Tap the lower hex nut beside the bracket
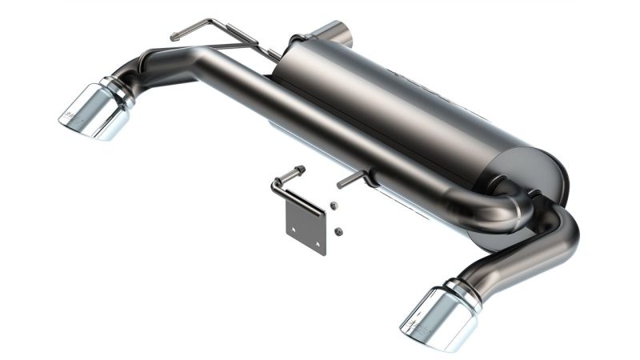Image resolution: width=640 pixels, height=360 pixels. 338,231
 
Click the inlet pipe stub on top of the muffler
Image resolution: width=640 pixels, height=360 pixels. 336,33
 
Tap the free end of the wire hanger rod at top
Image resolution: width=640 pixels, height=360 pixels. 174,36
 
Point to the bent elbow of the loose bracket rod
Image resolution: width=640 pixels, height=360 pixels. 277,185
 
